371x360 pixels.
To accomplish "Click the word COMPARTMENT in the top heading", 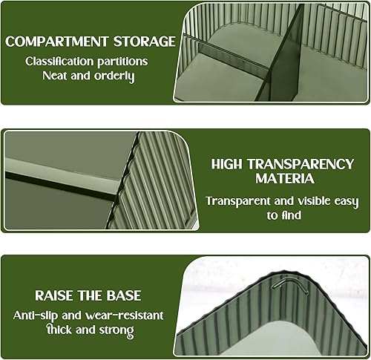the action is (57, 42).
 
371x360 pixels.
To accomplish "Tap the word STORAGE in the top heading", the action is (145, 42).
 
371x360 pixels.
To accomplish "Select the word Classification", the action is (59, 62).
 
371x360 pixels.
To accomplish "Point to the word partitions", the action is (122, 62).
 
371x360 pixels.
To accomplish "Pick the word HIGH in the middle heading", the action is (226, 164).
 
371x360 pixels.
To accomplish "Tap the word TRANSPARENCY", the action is (301, 164).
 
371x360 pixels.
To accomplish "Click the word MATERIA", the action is (285, 179).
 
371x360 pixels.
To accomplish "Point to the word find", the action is (291, 215).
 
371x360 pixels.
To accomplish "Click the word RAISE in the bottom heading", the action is (54, 295).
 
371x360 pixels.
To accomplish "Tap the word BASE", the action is (124, 295).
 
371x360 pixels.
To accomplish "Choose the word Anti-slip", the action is (36, 315).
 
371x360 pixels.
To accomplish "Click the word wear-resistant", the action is (124, 315).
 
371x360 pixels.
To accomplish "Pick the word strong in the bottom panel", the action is (116, 330).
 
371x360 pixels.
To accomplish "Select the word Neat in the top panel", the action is (55, 76).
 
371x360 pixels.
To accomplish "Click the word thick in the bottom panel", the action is (59, 330).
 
